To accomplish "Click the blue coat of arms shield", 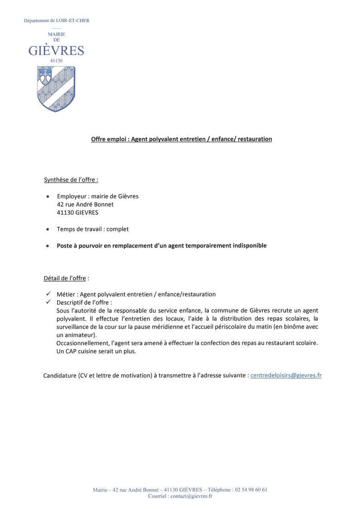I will [56, 88].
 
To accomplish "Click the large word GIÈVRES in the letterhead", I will [56, 51].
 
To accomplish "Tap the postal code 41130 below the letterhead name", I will [56, 61].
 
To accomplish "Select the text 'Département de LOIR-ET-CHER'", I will [56, 20].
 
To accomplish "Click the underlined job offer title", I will [181, 139].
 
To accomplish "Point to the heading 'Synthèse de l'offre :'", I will [71, 180].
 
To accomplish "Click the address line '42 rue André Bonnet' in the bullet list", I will [85, 204].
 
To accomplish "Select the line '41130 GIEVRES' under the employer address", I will [78, 213].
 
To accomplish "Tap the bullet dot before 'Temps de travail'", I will [48, 230].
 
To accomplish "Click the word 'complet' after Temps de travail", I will [118, 229].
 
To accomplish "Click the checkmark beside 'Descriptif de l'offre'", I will [48, 302].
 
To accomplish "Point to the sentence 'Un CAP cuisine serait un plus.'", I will [96, 351].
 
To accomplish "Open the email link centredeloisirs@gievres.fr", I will [286, 375].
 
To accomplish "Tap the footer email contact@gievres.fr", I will [191, 496].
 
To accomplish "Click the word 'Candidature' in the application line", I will [60, 376].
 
